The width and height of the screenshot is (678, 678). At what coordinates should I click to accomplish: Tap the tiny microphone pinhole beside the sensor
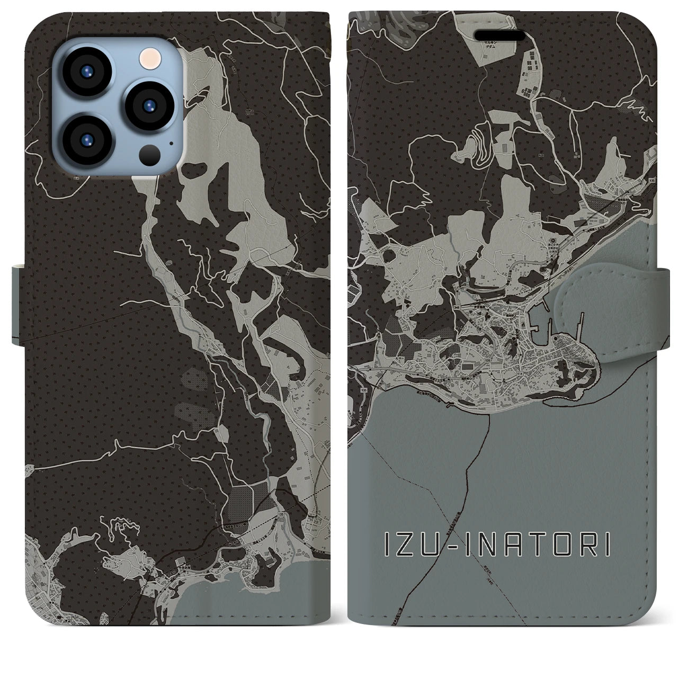point(171,142)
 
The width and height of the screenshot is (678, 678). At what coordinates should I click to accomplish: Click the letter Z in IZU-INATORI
point(404,545)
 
